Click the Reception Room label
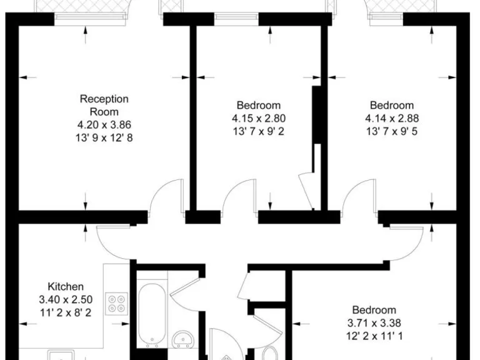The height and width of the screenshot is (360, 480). pos(104,105)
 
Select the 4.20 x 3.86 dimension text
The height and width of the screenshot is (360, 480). pos(104,124)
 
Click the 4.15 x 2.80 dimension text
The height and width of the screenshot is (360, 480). pos(259,118)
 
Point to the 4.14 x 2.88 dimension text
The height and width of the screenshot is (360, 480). pos(392,118)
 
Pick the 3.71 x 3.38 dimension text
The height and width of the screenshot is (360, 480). pos(374,323)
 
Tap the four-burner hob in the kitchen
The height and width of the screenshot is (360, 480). pos(117,304)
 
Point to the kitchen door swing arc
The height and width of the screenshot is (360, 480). pos(112,241)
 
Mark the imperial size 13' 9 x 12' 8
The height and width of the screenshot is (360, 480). pos(104,137)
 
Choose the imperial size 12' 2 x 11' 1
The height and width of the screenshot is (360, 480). pos(374,336)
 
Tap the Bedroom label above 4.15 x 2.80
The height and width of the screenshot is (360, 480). pos(259,105)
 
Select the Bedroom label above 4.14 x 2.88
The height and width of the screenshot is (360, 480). pos(392,105)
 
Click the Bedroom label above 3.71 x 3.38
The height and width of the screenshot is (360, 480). pos(374,310)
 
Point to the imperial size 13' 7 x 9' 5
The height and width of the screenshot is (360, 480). pos(392,131)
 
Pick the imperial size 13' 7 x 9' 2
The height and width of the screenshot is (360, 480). pos(259,131)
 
